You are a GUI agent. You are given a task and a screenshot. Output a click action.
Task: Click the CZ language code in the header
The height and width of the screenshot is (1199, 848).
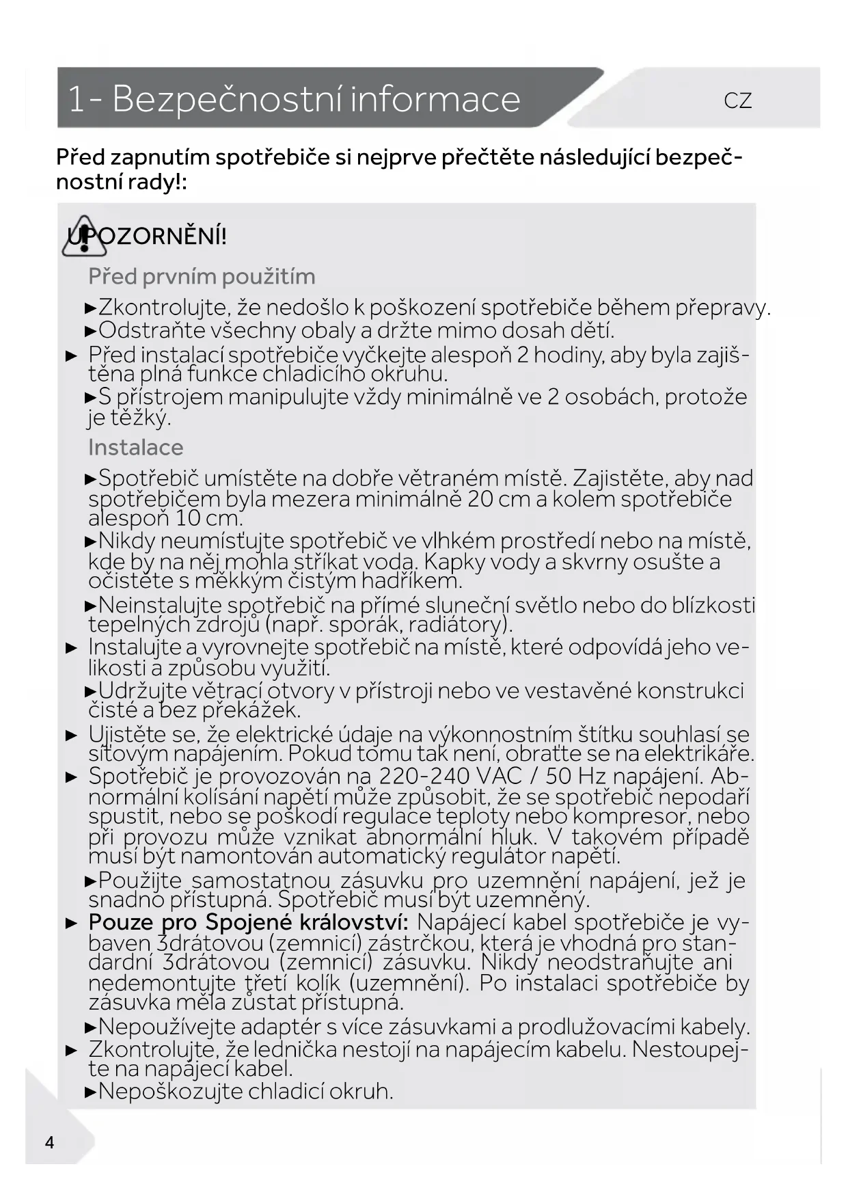(x=737, y=101)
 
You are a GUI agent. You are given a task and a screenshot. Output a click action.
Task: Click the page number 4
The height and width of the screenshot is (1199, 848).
(x=49, y=1142)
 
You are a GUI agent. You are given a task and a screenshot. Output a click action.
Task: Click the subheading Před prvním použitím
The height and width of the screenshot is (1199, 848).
(x=202, y=277)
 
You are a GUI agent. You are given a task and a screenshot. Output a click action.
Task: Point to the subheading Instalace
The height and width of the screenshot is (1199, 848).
(x=135, y=447)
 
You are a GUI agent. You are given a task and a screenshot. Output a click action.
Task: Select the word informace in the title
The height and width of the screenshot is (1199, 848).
(x=435, y=99)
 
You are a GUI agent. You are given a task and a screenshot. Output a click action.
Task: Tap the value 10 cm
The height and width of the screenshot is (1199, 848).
(x=206, y=518)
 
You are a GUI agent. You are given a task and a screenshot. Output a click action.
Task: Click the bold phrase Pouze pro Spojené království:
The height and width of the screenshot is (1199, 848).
(x=249, y=922)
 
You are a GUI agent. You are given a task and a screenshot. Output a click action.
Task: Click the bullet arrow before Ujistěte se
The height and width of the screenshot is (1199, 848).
(x=71, y=736)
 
